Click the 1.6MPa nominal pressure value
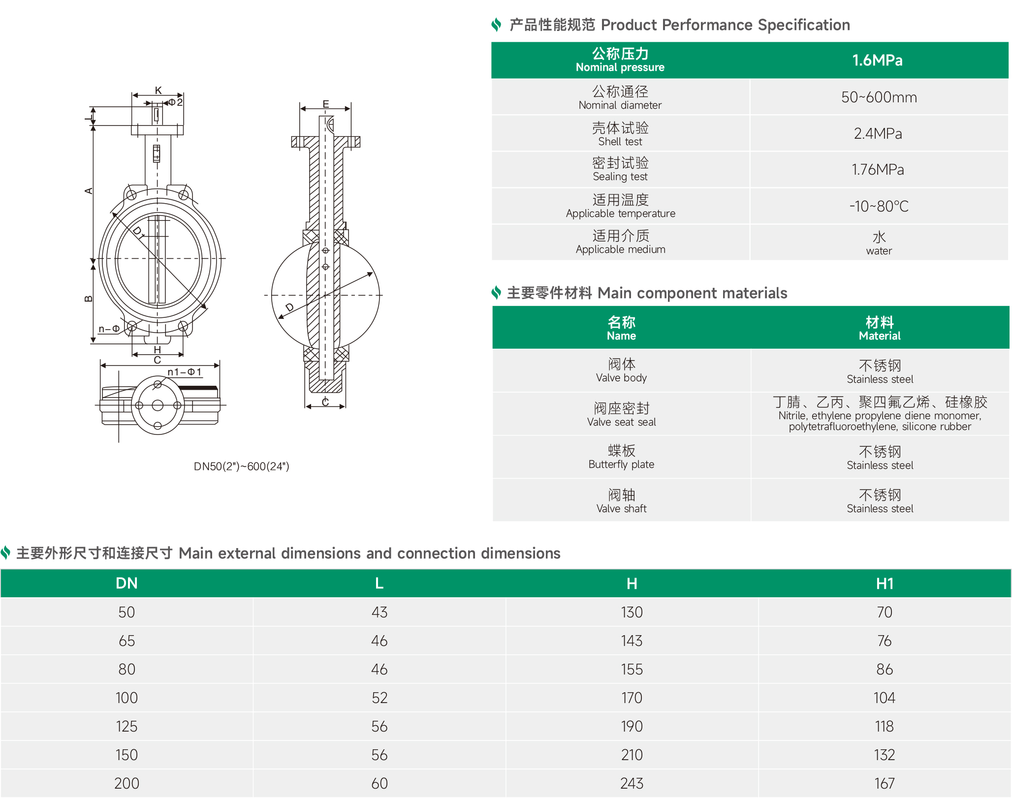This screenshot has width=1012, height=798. click(878, 61)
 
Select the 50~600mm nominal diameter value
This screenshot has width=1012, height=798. click(879, 97)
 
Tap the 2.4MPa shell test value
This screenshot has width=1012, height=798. click(878, 133)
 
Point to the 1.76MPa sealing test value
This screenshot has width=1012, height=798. click(878, 170)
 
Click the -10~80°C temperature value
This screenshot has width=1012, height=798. click(879, 206)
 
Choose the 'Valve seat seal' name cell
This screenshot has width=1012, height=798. click(622, 414)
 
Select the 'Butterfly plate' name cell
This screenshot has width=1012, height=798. click(622, 457)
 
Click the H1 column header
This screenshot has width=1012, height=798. click(885, 583)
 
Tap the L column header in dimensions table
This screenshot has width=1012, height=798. click(379, 583)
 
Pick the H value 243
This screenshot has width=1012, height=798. click(632, 783)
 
